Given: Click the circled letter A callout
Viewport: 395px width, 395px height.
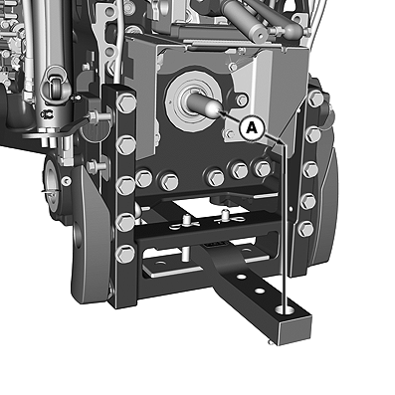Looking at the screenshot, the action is (252, 128).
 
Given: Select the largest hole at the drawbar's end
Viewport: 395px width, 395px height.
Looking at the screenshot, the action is (285, 309).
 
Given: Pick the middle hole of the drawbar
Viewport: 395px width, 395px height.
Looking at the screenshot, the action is (260, 292).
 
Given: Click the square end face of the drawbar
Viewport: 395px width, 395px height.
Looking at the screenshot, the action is (296, 330).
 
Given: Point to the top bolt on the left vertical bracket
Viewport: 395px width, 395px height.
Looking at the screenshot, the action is (127, 102).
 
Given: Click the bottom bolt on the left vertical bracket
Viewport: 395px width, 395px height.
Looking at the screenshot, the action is (125, 254).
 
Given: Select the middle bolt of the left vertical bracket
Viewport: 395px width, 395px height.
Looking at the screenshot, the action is (126, 185).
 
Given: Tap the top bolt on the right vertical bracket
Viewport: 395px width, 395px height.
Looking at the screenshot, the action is (315, 99).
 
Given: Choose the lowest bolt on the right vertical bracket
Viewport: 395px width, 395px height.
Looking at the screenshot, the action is (305, 229).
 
